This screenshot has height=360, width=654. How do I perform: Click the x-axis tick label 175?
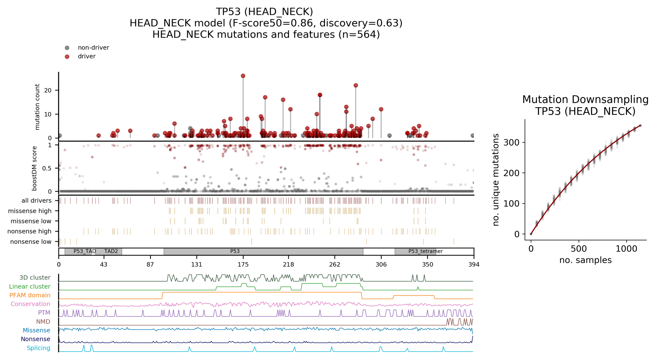pos(243,264)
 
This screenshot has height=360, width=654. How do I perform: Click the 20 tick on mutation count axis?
pos(48,90)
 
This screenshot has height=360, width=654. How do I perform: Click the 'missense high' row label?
pos(30,211)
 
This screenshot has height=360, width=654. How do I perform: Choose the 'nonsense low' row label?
pos(31,242)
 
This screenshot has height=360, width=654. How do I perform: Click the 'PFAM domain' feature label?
pos(30,295)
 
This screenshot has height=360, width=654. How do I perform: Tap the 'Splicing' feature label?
pos(39,348)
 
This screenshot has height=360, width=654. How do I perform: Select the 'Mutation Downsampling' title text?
pos(585,100)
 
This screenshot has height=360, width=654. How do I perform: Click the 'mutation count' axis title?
pos(37,107)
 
